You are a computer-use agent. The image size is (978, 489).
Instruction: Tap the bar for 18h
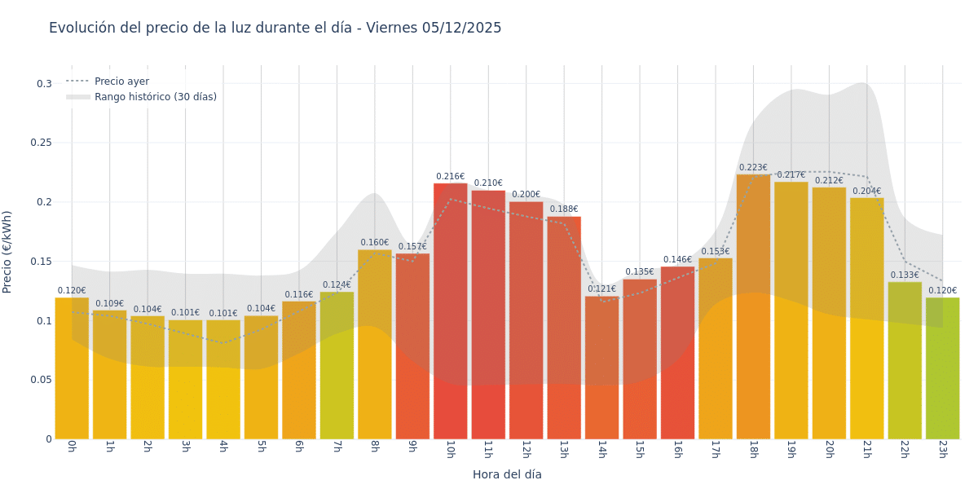[x=753, y=306]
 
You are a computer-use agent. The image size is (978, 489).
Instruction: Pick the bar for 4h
[x=223, y=380]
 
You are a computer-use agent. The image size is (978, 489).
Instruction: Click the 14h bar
[x=601, y=368]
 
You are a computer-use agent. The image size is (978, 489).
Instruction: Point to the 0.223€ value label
[x=753, y=168]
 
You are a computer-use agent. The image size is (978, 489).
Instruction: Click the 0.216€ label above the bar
[x=450, y=177]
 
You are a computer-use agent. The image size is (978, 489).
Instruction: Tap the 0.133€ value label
[x=905, y=275]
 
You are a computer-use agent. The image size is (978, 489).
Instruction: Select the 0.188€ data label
[x=564, y=209]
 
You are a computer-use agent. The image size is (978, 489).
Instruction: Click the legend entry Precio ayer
[x=121, y=81]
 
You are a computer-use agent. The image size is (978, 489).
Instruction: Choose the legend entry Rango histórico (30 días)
[x=155, y=97]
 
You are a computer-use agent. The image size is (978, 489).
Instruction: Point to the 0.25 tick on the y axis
[x=41, y=143]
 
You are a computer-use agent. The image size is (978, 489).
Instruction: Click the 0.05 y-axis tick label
[x=41, y=380]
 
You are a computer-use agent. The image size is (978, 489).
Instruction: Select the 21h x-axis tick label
[x=866, y=450]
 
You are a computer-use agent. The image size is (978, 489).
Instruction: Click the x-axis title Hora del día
[x=507, y=474]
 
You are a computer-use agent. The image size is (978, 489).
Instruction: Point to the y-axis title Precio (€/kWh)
[x=8, y=252]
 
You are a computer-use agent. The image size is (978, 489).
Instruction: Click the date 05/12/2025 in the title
[x=461, y=29]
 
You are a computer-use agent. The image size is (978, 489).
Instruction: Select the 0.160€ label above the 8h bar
[x=375, y=243]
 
